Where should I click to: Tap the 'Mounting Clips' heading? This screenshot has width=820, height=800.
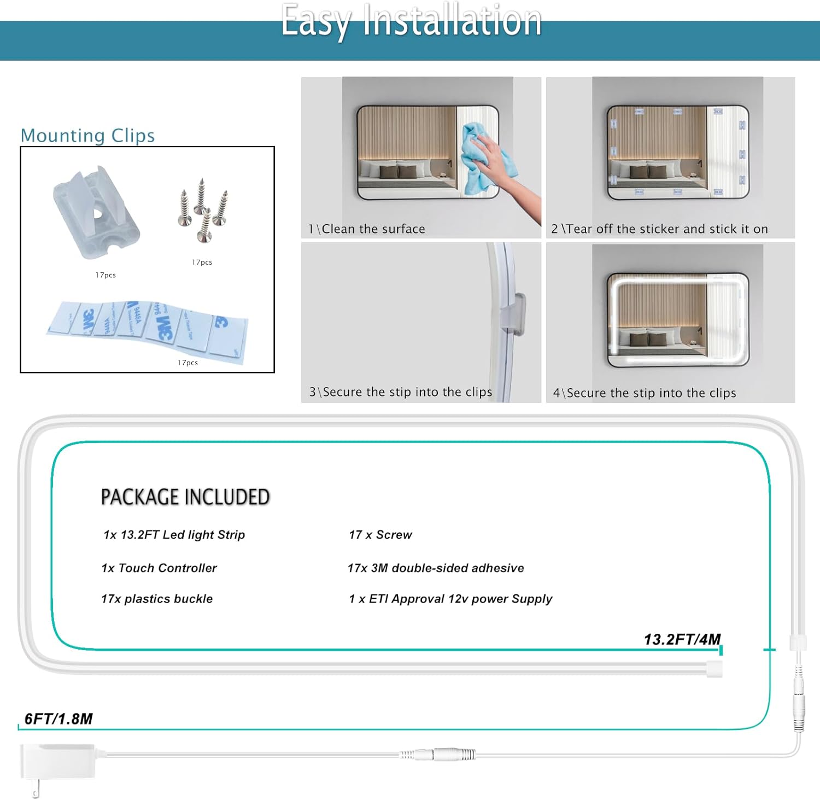coord(87,135)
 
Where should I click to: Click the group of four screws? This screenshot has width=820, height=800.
coord(203,211)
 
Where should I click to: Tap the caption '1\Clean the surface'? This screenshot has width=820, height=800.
coord(367,229)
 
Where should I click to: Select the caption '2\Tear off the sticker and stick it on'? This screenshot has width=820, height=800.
coord(659,229)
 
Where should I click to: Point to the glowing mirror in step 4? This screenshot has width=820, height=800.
coord(677,320)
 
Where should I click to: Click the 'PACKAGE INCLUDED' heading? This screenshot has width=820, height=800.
coord(185,497)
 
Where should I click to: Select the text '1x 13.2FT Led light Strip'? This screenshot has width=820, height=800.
coord(174,535)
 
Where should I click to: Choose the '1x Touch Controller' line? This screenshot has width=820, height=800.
coord(159,568)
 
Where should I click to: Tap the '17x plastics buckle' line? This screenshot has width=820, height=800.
coord(157,599)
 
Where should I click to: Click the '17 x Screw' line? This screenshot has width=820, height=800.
coord(380,535)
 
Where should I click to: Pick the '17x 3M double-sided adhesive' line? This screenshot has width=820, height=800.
coord(436,568)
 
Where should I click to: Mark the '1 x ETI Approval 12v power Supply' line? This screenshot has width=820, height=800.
coord(450,599)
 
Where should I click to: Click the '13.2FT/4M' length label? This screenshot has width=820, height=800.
coord(682,639)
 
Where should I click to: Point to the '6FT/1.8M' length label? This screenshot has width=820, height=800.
coord(58,719)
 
